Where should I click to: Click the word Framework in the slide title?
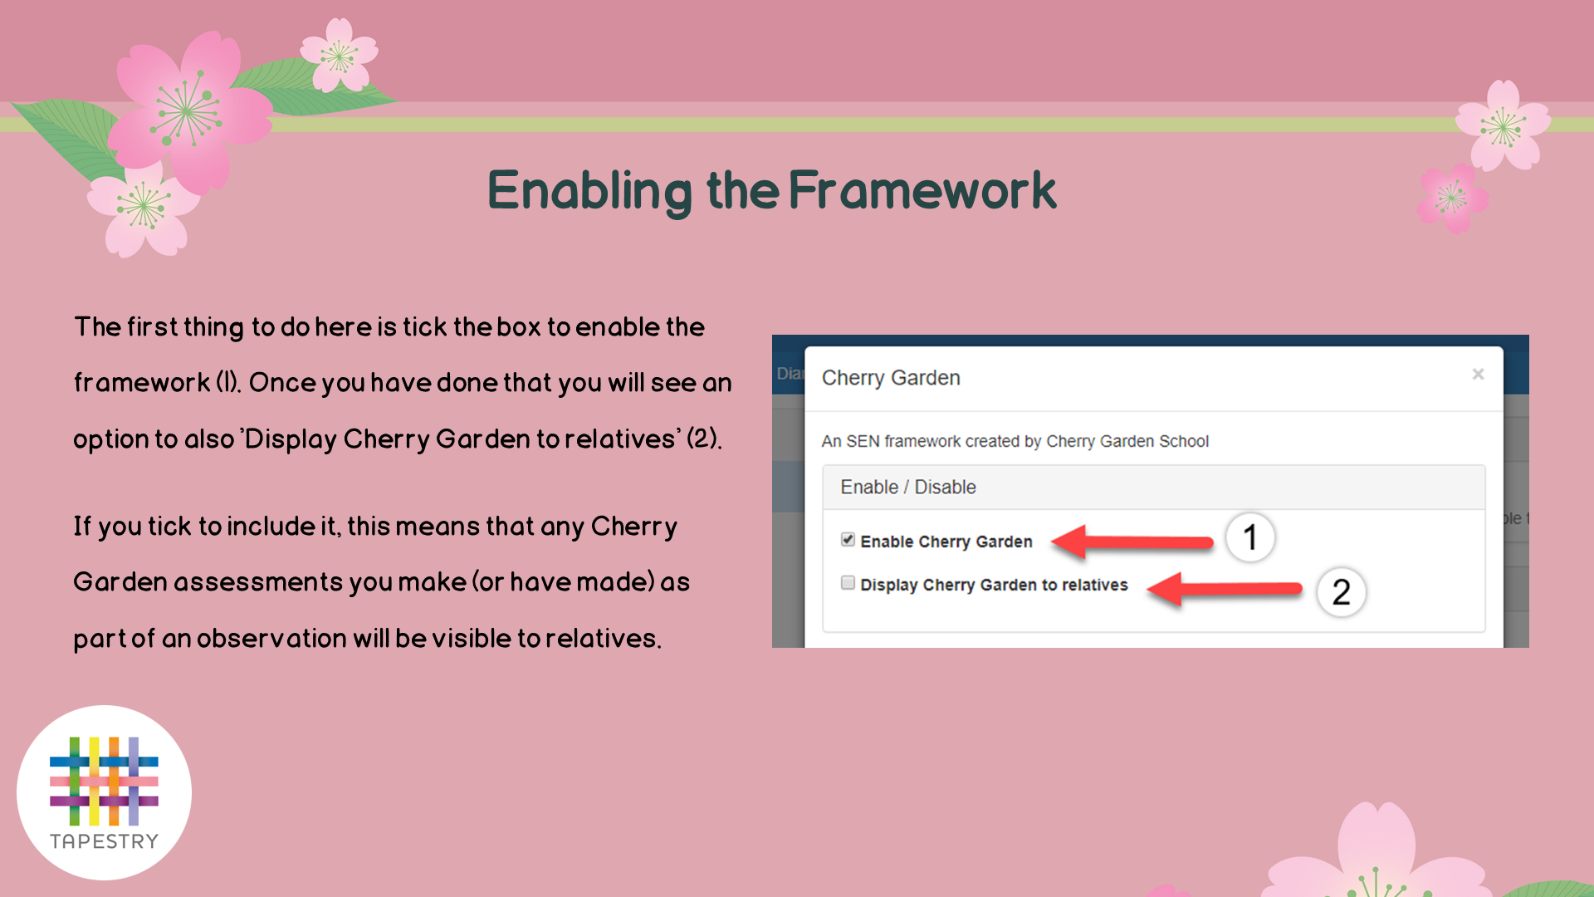922,190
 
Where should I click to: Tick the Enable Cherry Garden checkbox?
848,540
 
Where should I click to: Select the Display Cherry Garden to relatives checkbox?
848,583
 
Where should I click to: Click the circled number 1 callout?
1250,537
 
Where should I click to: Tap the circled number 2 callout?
1342,592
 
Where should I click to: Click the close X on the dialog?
1478,375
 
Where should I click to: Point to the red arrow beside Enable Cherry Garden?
1132,542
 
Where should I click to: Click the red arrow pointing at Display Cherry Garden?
1225,590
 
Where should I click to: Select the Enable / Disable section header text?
908,488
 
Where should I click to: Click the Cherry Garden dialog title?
891,379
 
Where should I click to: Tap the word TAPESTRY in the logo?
104,841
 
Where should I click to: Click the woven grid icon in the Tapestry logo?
104,781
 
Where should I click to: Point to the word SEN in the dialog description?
863,441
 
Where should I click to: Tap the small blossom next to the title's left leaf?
340,55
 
